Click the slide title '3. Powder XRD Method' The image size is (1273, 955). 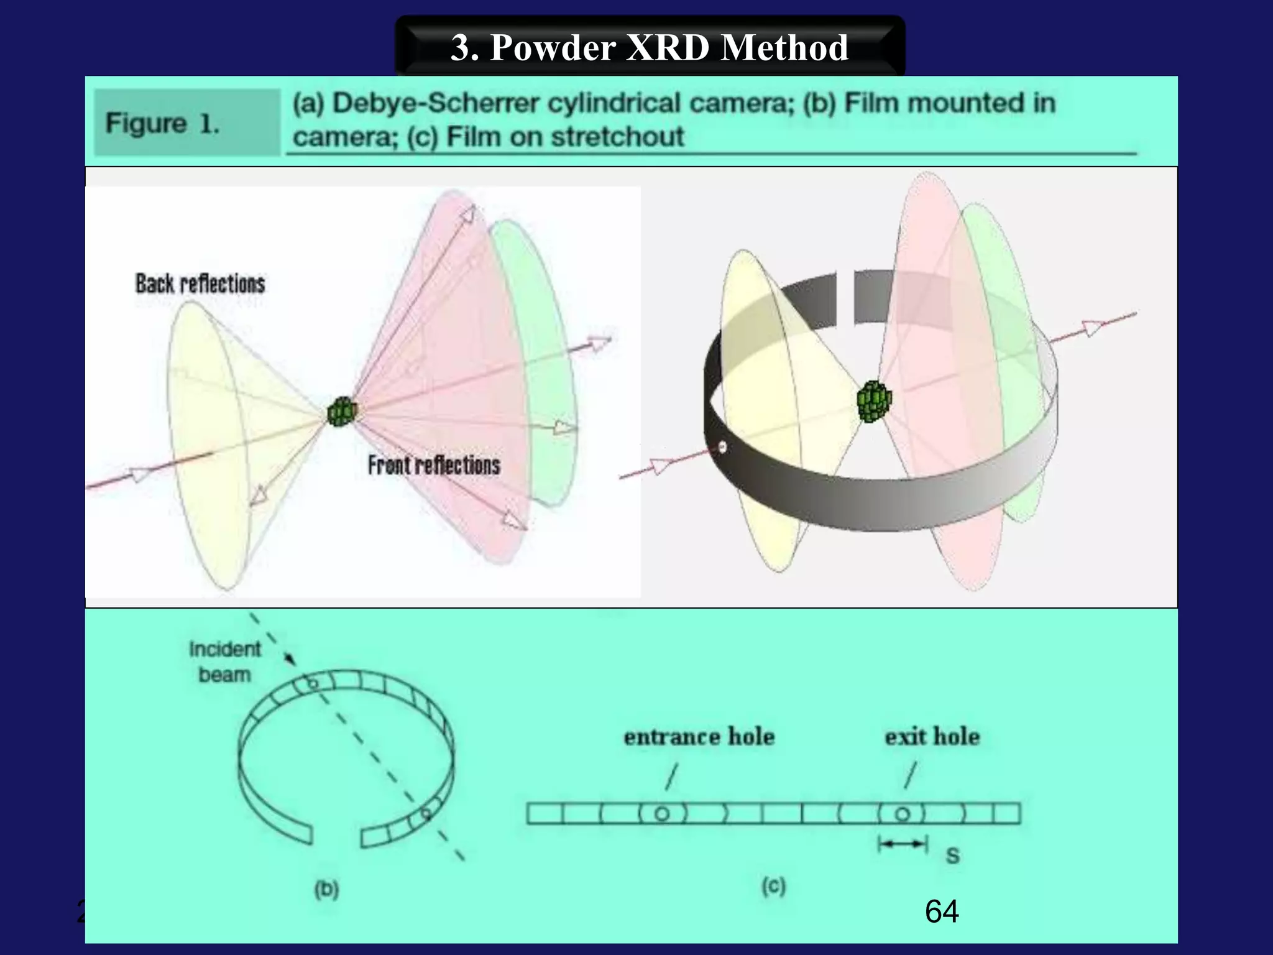[649, 47]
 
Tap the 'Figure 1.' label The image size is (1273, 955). [163, 123]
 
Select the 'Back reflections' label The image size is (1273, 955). [200, 284]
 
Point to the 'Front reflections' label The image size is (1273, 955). [434, 465]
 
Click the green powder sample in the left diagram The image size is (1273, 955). [342, 412]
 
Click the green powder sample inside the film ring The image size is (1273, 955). [874, 402]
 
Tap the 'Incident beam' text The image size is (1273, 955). [224, 662]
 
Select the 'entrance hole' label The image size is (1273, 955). [699, 737]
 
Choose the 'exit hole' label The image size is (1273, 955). [932, 737]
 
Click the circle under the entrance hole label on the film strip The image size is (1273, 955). [662, 814]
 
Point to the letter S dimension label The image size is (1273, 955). [952, 856]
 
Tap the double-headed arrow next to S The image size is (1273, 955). [903, 844]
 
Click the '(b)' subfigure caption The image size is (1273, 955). [326, 889]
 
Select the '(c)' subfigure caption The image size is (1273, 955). [774, 886]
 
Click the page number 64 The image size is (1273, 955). [942, 911]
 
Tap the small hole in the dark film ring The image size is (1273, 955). [722, 446]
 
